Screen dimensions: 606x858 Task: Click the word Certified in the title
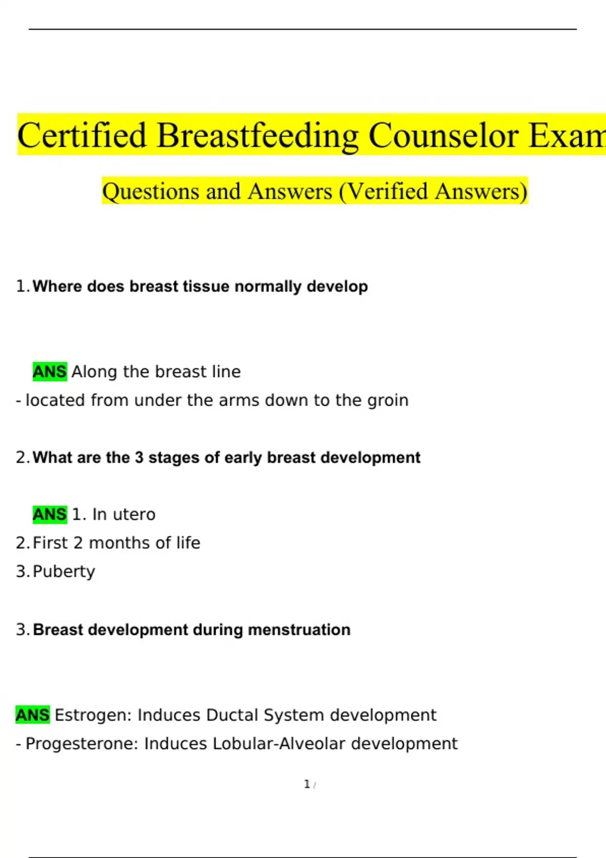click(x=82, y=135)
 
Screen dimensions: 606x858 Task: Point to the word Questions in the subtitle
click(x=150, y=192)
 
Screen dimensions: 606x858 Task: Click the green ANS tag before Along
click(x=50, y=371)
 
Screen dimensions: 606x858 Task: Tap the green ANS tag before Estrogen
click(x=33, y=715)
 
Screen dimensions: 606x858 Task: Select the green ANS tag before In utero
click(x=50, y=514)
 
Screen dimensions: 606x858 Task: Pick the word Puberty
click(x=64, y=572)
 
